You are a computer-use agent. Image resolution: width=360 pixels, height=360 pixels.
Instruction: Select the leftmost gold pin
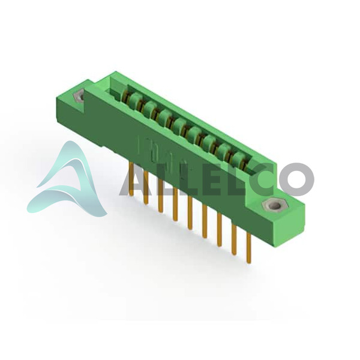click(131, 179)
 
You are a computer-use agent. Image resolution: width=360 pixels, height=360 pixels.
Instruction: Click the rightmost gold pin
click(248, 247)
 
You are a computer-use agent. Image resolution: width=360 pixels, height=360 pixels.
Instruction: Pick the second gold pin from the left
click(146, 187)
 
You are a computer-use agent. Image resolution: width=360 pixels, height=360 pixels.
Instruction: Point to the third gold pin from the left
click(160, 196)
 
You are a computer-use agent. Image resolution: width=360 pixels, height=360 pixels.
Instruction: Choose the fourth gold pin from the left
click(175, 205)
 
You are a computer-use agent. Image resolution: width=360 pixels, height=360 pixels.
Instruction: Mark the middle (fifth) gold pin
click(190, 213)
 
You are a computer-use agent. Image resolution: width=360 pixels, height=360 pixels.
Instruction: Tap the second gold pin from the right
click(234, 239)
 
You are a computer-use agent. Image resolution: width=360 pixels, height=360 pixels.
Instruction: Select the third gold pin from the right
click(219, 230)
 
